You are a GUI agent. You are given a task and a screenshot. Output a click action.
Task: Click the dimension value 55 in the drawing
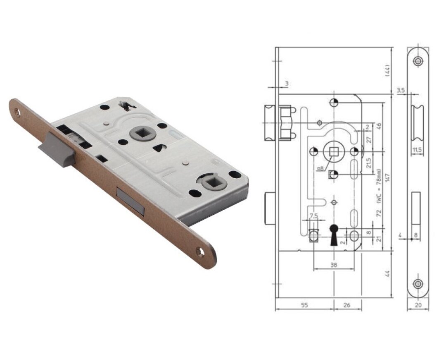click(304, 305)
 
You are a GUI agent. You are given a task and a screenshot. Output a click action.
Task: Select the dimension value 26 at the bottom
click(347, 305)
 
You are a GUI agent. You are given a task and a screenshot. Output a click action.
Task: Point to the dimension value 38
click(334, 265)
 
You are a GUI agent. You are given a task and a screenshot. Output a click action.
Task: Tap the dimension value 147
click(387, 179)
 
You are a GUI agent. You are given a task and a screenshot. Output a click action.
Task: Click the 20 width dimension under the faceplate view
click(418, 305)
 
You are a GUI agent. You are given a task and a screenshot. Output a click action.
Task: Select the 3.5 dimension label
click(401, 91)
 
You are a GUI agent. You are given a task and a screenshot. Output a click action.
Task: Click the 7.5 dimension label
click(313, 216)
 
